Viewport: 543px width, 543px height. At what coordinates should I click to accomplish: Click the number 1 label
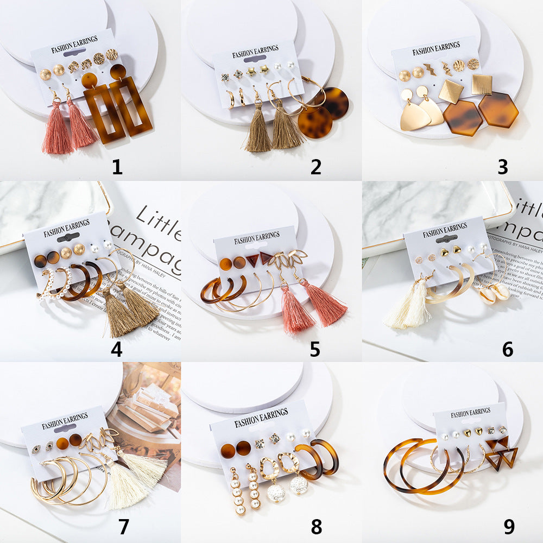(117, 167)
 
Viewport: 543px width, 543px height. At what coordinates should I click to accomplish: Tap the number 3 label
(503, 167)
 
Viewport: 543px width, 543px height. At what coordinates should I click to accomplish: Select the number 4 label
(116, 349)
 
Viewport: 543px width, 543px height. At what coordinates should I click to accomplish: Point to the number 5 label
(315, 349)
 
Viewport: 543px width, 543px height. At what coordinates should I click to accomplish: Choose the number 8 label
(316, 526)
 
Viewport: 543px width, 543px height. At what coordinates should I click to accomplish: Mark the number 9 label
(509, 526)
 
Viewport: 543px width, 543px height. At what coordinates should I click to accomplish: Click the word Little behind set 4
(157, 222)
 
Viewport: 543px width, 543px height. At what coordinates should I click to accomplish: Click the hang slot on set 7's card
(65, 428)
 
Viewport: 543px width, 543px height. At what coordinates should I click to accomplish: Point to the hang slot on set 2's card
(255, 58)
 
